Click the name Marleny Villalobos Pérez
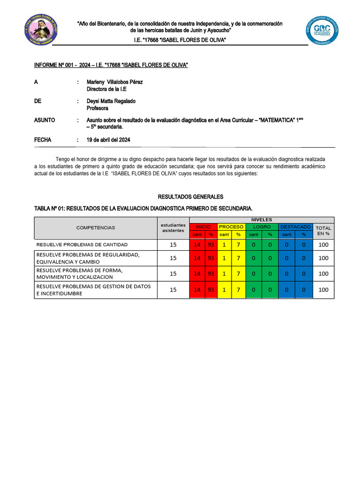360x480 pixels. click(115, 82)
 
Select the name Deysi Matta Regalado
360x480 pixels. click(111, 101)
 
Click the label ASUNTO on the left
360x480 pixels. click(45, 120)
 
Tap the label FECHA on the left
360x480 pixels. click(43, 140)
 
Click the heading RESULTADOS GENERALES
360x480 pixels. click(184, 197)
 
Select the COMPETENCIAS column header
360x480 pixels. click(96, 228)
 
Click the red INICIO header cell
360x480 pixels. click(203, 227)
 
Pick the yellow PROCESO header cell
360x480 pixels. click(231, 227)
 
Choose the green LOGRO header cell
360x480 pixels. click(262, 227)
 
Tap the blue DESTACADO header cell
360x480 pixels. click(295, 227)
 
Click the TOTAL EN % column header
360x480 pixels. click(323, 231)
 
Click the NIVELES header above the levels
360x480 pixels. click(262, 220)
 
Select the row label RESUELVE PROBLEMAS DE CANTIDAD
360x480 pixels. click(82, 245)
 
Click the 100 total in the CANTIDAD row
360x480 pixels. click(323, 245)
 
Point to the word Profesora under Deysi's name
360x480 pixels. click(97, 108)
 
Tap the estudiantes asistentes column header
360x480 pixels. click(173, 228)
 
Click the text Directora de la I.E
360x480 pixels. click(107, 89)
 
